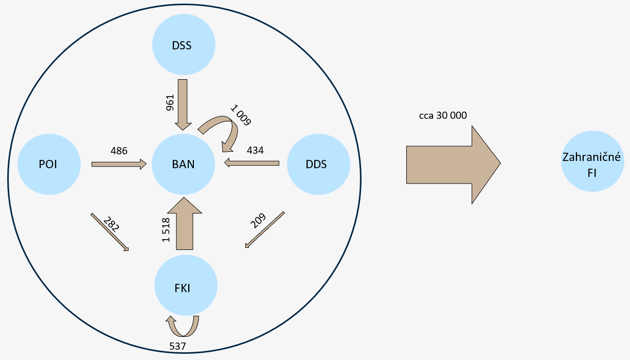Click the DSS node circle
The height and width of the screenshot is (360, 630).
click(x=183, y=45)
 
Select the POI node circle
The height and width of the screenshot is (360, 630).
click(x=49, y=164)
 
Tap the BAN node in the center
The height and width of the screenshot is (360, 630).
click(x=183, y=164)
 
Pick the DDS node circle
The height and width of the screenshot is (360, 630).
click(x=318, y=164)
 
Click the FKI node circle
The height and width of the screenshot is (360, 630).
click(x=186, y=287)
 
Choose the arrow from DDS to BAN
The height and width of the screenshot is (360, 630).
click(x=252, y=163)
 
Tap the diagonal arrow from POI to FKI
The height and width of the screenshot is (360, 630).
click(x=110, y=231)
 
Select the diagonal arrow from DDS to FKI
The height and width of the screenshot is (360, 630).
click(x=265, y=229)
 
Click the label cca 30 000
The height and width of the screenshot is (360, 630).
click(x=443, y=116)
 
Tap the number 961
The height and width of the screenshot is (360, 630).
click(x=170, y=102)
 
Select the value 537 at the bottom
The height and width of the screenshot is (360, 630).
click(x=177, y=347)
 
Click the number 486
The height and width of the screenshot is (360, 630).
click(x=119, y=151)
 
